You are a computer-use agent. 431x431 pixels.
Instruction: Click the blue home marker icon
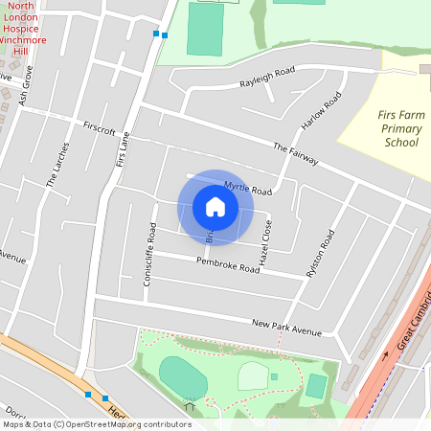click(215, 207)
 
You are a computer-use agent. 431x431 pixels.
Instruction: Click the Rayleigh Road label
click(267, 78)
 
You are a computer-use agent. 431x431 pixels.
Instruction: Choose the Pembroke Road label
click(228, 264)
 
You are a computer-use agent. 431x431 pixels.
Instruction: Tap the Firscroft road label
click(100, 127)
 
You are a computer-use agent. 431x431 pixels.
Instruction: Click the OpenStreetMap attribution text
click(97, 424)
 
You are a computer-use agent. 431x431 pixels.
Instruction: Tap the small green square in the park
click(274, 376)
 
